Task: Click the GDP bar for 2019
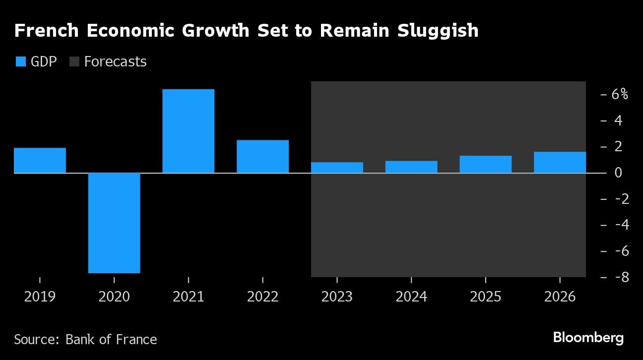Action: pos(40,160)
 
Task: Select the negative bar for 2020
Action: pos(114,223)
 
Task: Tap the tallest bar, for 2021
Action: pos(189,131)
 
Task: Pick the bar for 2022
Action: pos(262,156)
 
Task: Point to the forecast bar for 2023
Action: pos(337,168)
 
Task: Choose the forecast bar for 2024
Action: pos(411,167)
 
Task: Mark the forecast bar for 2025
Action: pos(485,164)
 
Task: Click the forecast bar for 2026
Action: pos(560,162)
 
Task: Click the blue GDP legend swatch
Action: pos(21,61)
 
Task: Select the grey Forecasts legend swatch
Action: pos(74,61)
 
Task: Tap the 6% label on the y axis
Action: pos(619,94)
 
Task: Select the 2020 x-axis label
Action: pos(114,297)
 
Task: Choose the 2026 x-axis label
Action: pos(560,297)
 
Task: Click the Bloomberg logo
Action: pos(588,338)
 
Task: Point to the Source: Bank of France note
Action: pos(85,339)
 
